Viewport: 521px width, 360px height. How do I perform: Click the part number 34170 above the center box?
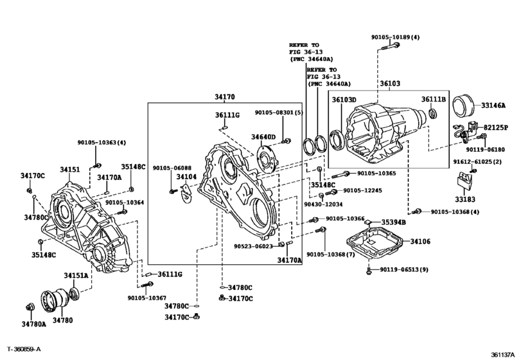[224, 97]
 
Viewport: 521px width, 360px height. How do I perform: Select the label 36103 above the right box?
[389, 84]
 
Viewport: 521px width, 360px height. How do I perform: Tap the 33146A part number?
[493, 105]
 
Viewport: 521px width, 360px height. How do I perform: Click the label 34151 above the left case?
[70, 170]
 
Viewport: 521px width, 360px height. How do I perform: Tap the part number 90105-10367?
[147, 297]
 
